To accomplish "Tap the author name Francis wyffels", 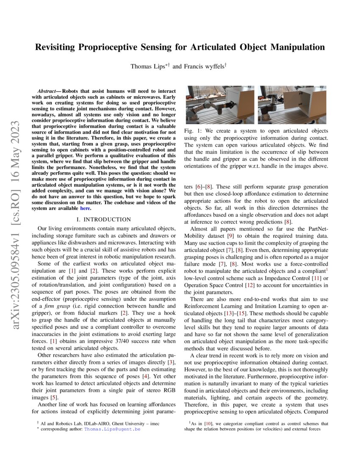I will coord(202,66).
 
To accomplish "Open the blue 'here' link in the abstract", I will coord(85,208).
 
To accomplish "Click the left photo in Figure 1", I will coord(220,105).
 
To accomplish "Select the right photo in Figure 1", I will coord(293,105).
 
